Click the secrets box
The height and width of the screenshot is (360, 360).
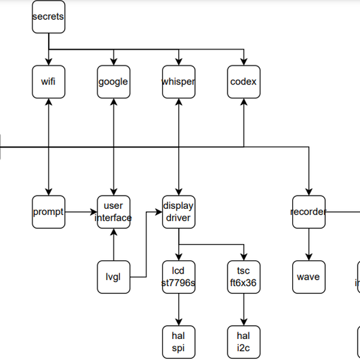tap(48, 17)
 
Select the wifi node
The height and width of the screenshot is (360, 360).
tap(48, 82)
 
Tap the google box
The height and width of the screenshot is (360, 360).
tap(113, 82)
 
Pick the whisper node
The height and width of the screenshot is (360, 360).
tap(178, 82)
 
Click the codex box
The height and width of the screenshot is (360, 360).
tap(243, 82)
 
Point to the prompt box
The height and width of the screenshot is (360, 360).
tap(48, 212)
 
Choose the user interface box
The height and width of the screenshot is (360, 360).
tap(113, 212)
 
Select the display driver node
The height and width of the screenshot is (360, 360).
tap(178, 212)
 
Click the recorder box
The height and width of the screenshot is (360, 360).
tap(308, 212)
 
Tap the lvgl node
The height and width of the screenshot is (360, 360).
tap(113, 277)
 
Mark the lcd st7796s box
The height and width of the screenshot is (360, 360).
tap(178, 277)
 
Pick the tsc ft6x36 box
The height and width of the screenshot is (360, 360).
tap(243, 277)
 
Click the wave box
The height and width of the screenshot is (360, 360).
tap(308, 277)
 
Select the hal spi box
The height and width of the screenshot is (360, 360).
tap(178, 342)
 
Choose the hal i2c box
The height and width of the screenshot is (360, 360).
tap(243, 342)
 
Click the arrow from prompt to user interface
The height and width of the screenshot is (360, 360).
tap(80, 212)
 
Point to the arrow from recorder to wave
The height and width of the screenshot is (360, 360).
tap(308, 244)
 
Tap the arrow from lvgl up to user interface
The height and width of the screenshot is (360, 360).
tap(113, 244)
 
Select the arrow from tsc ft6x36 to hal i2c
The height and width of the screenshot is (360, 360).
tap(243, 310)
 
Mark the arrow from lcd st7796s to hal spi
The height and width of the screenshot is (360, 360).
tap(178, 310)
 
